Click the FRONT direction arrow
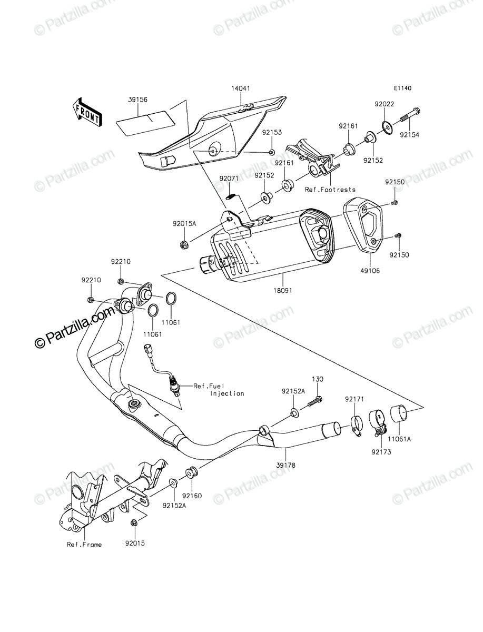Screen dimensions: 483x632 [x=87, y=112]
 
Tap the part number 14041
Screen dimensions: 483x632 [x=241, y=88]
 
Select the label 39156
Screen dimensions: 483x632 [x=137, y=100]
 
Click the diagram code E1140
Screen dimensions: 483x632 [x=403, y=88]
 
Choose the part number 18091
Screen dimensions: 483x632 [x=283, y=291]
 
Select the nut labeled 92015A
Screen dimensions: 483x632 [x=182, y=245]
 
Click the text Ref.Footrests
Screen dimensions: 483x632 [x=330, y=190]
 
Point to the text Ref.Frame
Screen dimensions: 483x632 [x=84, y=545]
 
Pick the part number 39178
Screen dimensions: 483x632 [x=285, y=465]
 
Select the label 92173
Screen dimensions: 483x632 [x=381, y=452]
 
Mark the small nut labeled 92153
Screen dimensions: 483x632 [x=271, y=152]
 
